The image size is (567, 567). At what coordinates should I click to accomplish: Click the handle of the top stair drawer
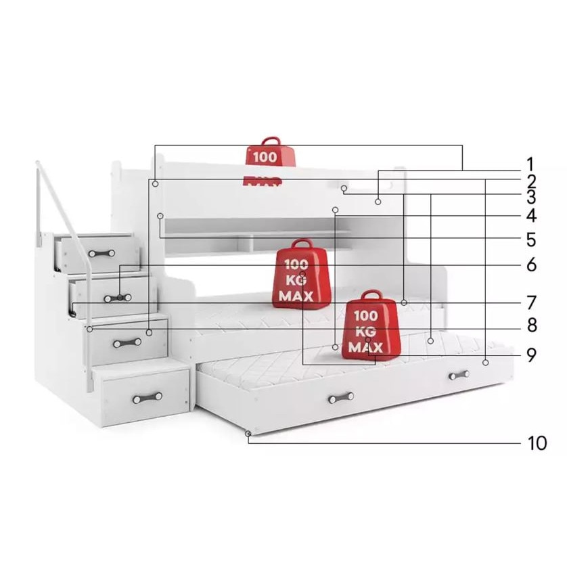(x=101, y=253)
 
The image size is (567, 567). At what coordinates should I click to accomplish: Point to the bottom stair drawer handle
(x=148, y=397)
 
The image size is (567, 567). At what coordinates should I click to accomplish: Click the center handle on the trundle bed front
(x=341, y=397)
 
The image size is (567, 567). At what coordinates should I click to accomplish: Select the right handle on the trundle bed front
(x=458, y=374)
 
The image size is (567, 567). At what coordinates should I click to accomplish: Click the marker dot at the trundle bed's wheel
(x=249, y=433)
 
